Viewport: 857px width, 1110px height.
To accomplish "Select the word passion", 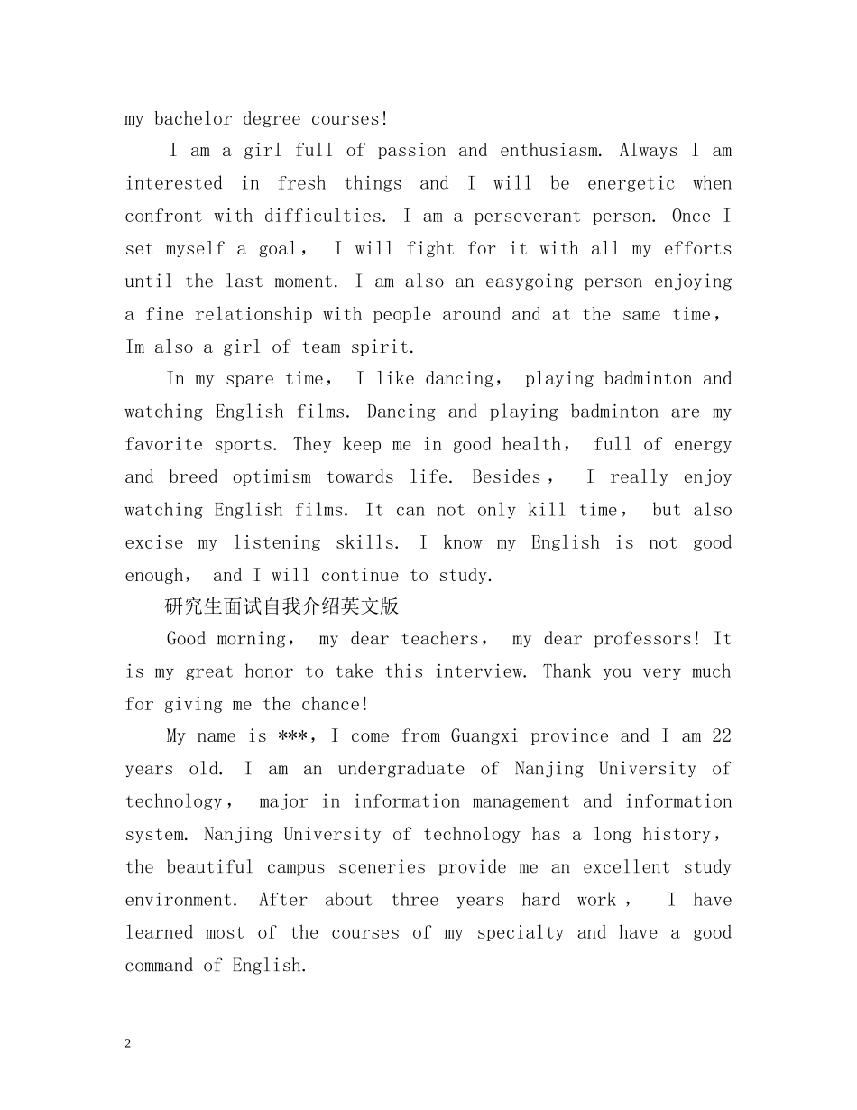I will tap(411, 151).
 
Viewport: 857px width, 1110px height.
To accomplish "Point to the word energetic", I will tap(631, 183).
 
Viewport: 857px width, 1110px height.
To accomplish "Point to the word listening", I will tap(277, 542).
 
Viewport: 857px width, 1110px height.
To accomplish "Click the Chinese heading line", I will tap(282, 606).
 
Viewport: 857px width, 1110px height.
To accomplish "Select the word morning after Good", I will tap(252, 639).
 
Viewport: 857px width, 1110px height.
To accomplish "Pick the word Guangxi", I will tap(484, 736).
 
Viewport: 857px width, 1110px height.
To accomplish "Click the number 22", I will tap(721, 736).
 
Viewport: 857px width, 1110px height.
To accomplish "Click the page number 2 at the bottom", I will tap(128, 1043).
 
